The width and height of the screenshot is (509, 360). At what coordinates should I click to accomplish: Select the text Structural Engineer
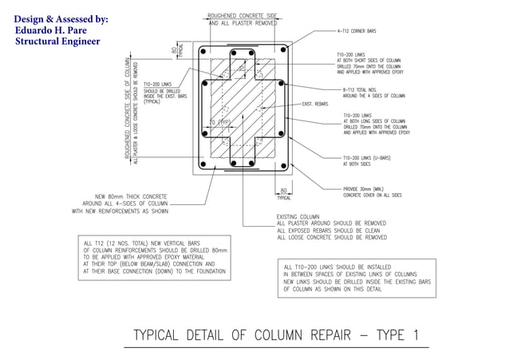[x=57, y=42]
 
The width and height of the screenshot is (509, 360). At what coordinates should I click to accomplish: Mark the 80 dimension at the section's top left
[x=174, y=49]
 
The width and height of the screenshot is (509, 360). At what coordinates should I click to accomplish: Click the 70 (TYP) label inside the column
[x=217, y=122]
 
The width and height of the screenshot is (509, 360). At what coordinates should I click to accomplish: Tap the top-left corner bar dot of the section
[x=205, y=52]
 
